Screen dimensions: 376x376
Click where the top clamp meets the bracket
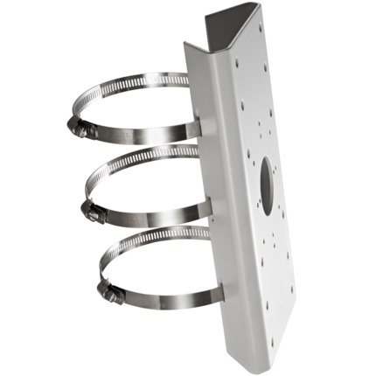(x=194, y=129)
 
